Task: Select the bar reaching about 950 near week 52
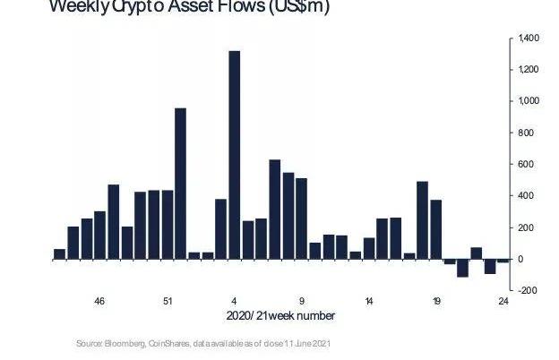180,184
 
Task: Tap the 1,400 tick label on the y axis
528,39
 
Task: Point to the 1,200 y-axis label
528,70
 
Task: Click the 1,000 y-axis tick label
528,101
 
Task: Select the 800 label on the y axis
525,133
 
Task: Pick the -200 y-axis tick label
526,290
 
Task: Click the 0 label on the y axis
520,259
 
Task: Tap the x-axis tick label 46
99,302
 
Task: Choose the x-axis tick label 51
167,302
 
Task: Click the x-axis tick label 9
301,302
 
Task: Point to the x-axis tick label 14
369,302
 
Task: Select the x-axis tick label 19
436,302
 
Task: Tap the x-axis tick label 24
503,302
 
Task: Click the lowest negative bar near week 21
463,268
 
